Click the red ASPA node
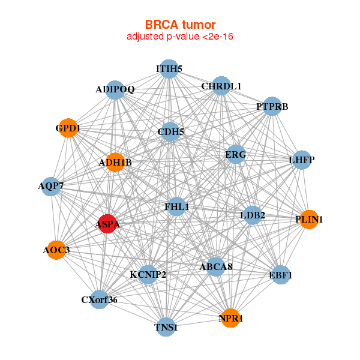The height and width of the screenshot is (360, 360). click(107, 224)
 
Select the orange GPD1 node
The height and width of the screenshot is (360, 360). click(69, 128)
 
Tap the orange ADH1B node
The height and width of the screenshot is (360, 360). click(115, 162)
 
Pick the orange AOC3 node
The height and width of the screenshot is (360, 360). click(56, 250)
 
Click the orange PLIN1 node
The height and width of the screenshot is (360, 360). click(308, 220)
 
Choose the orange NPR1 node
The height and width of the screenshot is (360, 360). click(230, 318)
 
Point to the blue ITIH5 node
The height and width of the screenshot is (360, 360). click(169, 68)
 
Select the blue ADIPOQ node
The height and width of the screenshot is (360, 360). click(115, 90)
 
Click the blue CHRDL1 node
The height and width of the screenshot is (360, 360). click(221, 86)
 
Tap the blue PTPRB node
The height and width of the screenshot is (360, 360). click(272, 107)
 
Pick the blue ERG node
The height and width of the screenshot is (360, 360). click(236, 155)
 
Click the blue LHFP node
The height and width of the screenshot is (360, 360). click(301, 160)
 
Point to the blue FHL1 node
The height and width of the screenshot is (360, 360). click(177, 207)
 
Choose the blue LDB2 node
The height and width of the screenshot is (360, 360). click(253, 215)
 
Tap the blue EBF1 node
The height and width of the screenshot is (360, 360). click(281, 275)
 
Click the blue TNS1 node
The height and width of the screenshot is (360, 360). click(166, 328)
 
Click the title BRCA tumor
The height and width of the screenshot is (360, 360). click(180, 25)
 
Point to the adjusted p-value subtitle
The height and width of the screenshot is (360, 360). click(180, 37)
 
